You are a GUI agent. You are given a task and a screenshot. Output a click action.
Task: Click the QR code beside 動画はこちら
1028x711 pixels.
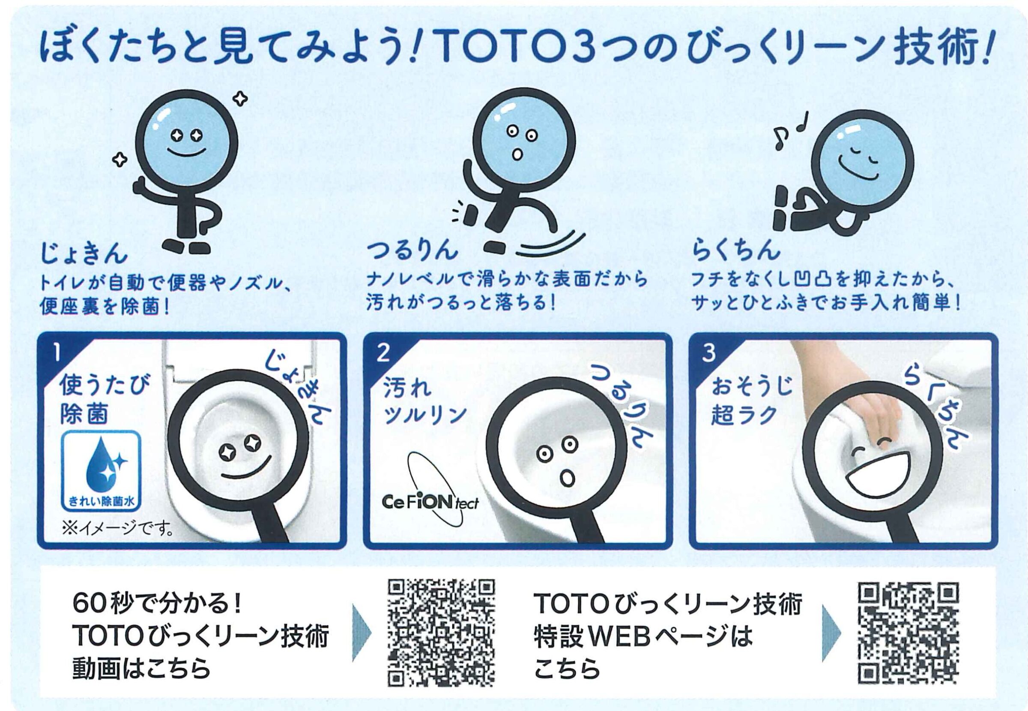point(442,633)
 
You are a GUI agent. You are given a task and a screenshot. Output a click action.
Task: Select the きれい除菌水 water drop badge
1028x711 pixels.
point(102,470)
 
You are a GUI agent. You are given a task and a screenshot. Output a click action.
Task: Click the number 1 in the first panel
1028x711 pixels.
point(57,352)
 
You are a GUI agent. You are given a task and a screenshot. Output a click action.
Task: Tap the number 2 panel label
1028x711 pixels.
point(383,353)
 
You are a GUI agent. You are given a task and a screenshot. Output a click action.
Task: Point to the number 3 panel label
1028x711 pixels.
point(708,353)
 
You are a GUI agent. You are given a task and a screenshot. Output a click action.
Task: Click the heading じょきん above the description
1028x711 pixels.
point(84,253)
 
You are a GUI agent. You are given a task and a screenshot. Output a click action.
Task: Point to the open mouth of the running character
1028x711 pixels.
point(517,154)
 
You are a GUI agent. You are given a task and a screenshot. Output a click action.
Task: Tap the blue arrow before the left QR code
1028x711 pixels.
point(361,633)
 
